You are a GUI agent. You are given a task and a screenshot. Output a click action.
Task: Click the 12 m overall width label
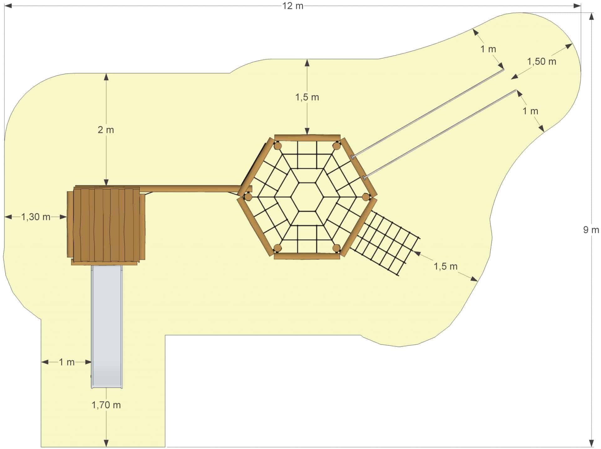(293, 6)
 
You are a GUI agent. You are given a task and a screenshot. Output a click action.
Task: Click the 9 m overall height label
(591, 230)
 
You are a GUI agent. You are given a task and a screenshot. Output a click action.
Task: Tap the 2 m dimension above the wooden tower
(106, 130)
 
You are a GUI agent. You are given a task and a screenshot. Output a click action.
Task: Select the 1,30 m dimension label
(36, 217)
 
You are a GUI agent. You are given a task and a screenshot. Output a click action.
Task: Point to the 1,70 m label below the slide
(106, 405)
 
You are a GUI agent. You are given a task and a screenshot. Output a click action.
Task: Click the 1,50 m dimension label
(542, 61)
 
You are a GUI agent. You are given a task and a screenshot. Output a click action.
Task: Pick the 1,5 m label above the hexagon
(307, 97)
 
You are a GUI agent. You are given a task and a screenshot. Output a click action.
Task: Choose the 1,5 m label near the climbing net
(445, 267)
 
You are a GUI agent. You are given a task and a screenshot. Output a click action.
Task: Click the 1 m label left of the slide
(67, 362)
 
